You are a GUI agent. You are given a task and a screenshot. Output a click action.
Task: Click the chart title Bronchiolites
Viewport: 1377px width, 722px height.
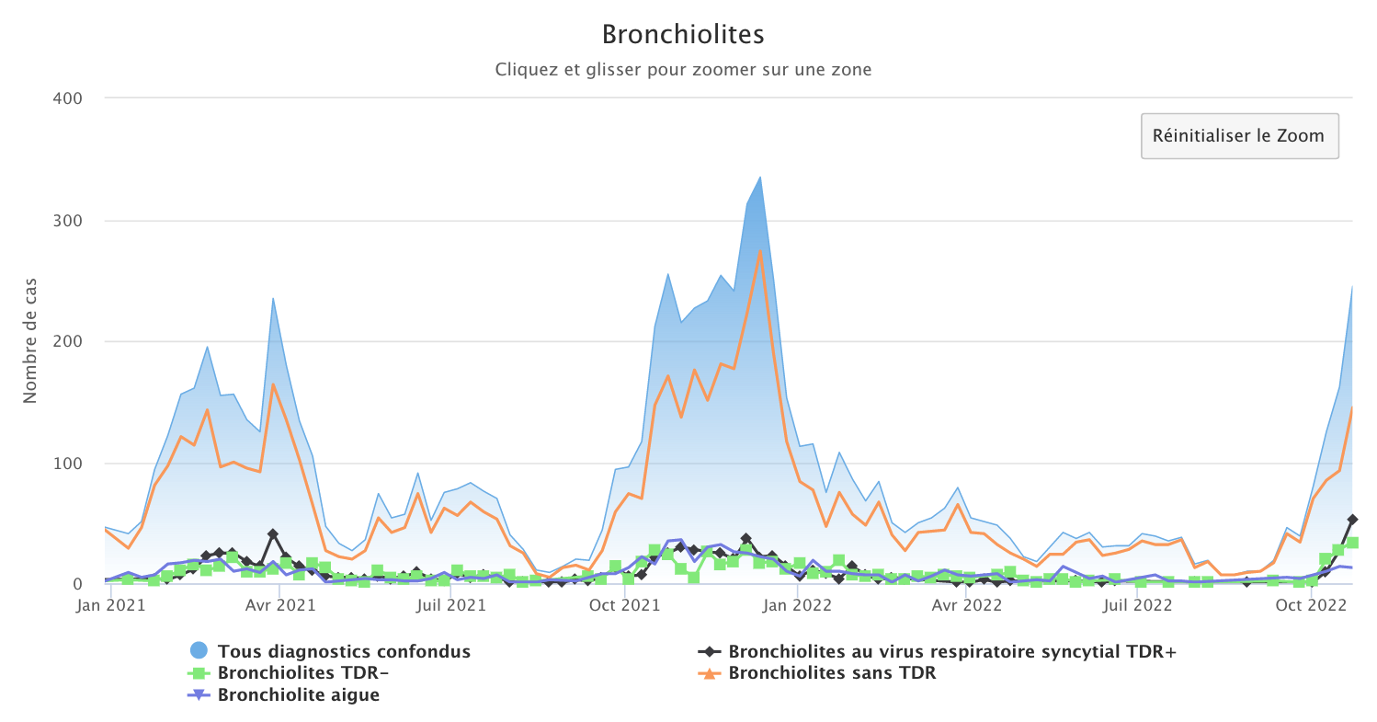[683, 35]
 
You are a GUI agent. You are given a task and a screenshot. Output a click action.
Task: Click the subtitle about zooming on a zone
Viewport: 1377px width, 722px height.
[683, 69]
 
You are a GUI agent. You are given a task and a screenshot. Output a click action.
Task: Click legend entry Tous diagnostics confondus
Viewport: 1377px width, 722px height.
[344, 652]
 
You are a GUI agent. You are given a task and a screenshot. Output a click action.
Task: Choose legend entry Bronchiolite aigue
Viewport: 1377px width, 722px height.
[298, 695]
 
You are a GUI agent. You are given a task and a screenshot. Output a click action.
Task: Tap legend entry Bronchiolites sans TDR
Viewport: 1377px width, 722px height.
[832, 673]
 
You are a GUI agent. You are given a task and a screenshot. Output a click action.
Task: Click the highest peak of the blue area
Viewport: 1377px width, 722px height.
[760, 177]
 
